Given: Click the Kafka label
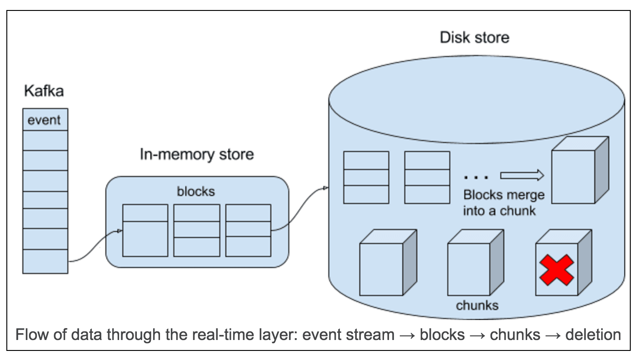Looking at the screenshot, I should click(44, 91).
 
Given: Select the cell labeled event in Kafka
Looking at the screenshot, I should click(45, 120).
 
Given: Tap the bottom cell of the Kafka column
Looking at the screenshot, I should click(45, 261).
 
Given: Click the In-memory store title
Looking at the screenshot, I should click(196, 155).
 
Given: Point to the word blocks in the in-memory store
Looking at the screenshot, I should click(196, 191).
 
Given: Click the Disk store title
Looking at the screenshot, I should click(474, 37).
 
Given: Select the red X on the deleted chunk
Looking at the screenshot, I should click(556, 270).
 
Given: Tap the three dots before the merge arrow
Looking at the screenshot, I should click(476, 176).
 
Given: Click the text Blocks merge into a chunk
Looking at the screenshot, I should click(503, 203).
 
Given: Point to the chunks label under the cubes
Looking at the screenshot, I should click(477, 305).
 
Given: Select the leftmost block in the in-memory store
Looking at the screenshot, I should click(145, 230).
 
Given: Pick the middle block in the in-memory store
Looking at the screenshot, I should click(197, 230).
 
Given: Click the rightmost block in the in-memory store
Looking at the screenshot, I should click(248, 230).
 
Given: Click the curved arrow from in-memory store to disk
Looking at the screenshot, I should click(299, 209).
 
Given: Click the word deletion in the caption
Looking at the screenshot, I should click(593, 335).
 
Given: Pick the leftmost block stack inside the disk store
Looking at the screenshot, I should click(366, 177).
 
